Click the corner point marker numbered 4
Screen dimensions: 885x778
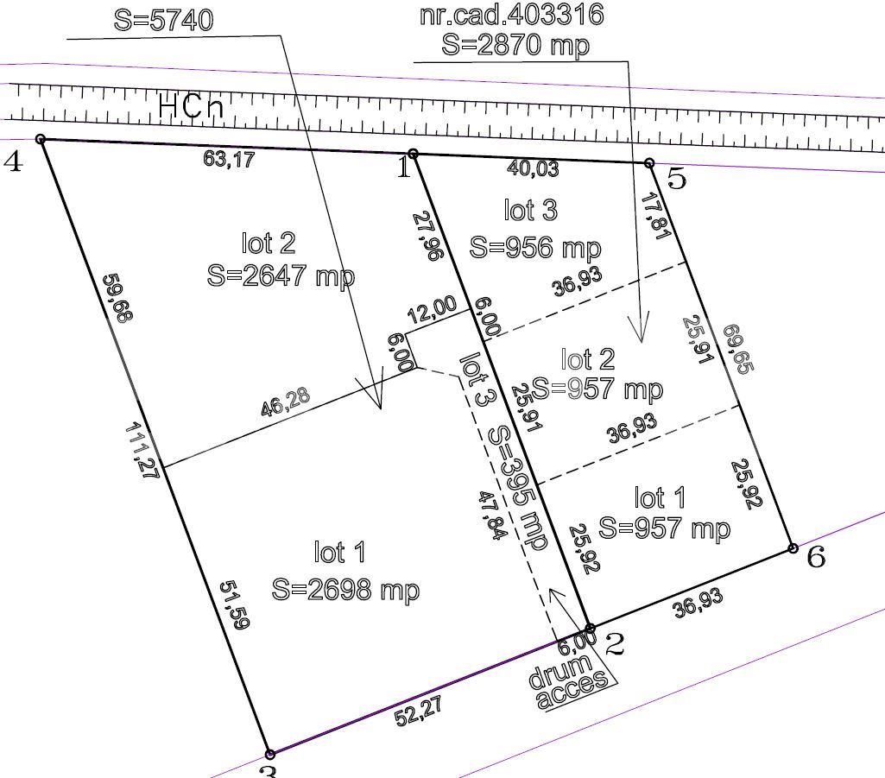coord(41,139)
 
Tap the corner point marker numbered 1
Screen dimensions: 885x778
coord(413,154)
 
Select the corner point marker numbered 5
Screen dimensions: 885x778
coord(649,162)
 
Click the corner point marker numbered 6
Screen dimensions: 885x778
coord(793,548)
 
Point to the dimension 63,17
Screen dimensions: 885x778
coord(229,159)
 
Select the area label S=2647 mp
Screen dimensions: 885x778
coord(281,275)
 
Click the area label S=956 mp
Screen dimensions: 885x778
coord(534,247)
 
